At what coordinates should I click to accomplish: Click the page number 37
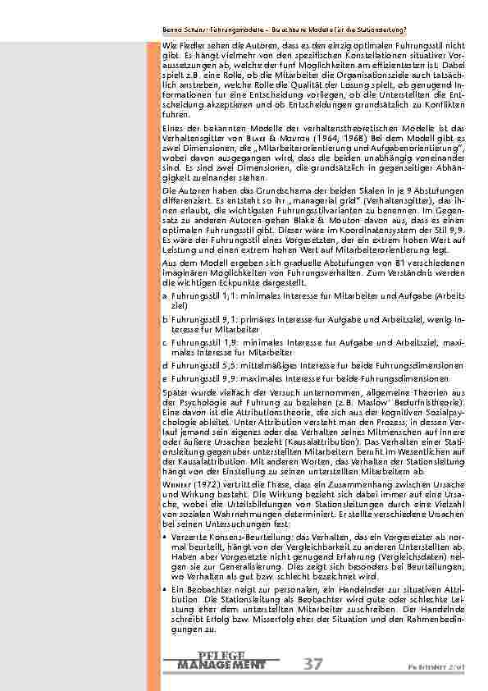coord(312,663)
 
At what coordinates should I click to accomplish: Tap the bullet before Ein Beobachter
coord(166,589)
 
